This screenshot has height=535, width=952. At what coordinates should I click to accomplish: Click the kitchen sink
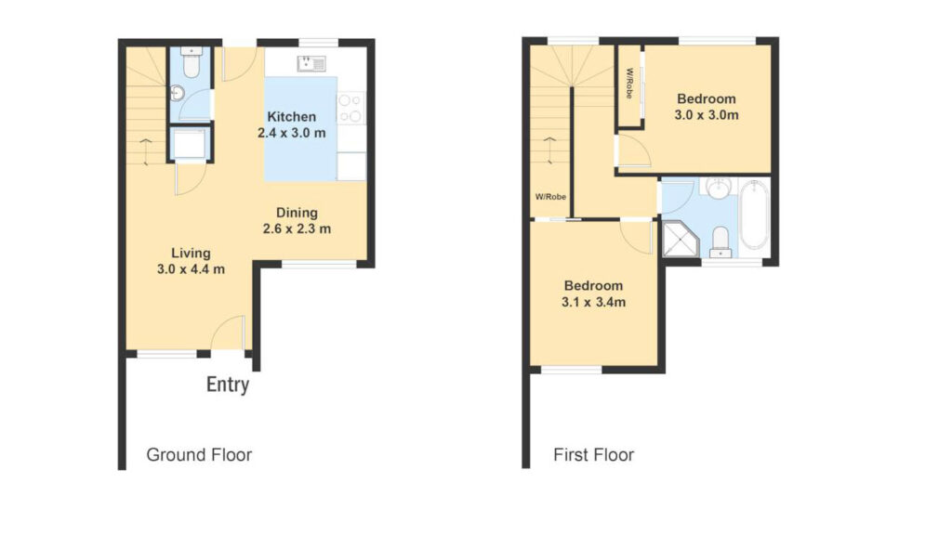[x=311, y=63]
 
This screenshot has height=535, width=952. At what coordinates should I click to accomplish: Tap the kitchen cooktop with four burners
[x=351, y=108]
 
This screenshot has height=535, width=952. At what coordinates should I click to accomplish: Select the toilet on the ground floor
[x=191, y=65]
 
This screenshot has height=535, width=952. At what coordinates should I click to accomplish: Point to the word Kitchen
[x=292, y=117]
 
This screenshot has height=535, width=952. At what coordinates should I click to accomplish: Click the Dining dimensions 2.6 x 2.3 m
[x=295, y=228]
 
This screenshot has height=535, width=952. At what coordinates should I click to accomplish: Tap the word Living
[x=191, y=253]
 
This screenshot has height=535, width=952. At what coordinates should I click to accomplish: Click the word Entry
[x=228, y=385]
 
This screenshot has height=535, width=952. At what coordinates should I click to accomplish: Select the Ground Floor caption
[x=199, y=455]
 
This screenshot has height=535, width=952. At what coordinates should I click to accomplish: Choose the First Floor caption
[x=593, y=455]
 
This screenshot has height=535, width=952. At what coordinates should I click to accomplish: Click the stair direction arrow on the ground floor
[x=146, y=147]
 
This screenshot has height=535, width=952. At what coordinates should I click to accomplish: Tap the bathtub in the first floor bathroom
[x=754, y=215]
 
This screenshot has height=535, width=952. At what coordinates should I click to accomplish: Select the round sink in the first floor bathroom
[x=717, y=189]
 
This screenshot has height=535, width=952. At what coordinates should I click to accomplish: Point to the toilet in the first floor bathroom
[x=719, y=243]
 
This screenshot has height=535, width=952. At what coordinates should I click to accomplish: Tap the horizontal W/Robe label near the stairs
[x=550, y=197]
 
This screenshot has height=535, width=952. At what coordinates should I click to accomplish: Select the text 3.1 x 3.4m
[x=592, y=302]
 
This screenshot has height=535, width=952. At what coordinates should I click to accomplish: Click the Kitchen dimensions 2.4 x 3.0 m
[x=292, y=133]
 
